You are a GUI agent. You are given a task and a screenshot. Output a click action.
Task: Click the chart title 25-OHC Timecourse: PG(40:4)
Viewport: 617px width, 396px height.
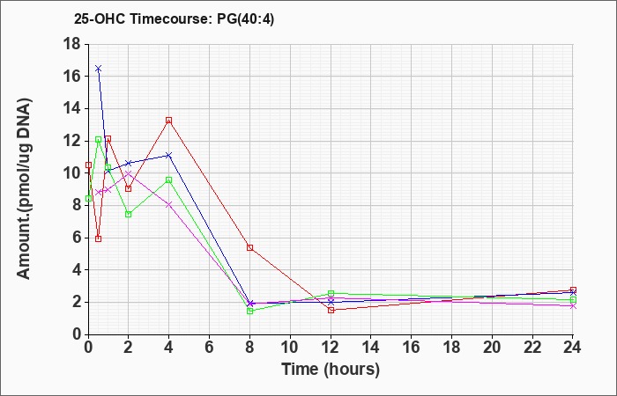pos(174,18)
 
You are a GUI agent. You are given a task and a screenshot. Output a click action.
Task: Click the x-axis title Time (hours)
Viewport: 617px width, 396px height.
pos(331,370)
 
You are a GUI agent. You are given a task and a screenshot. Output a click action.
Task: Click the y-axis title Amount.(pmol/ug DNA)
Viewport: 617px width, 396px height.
pos(25,188)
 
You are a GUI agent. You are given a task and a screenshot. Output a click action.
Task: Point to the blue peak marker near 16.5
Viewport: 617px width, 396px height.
pos(99,69)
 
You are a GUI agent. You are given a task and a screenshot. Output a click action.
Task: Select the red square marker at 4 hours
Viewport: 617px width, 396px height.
pos(169,121)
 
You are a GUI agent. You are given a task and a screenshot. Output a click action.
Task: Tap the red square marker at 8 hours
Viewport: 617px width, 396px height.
pos(249,247)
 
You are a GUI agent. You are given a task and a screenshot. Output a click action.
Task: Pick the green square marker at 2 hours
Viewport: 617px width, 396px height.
pos(129,214)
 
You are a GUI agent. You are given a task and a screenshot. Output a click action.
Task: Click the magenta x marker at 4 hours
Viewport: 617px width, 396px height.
pos(169,204)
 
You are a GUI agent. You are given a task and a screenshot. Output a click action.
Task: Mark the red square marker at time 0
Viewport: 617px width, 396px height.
pos(88,165)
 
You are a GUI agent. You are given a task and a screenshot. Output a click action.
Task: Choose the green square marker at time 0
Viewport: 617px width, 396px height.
pos(88,198)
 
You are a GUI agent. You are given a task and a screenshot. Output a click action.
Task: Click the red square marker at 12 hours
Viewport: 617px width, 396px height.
pos(331,310)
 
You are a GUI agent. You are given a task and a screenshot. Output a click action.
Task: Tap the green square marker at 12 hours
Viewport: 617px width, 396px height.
pos(331,293)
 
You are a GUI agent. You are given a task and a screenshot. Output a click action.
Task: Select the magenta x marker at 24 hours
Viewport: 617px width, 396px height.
pos(573,306)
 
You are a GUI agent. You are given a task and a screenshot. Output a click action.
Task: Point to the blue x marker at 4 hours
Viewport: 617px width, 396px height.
pos(169,155)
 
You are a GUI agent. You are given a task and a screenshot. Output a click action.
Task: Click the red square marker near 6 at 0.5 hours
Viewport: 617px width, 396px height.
pos(99,238)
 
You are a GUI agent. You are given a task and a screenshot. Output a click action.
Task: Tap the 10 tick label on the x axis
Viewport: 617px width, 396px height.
pos(290,348)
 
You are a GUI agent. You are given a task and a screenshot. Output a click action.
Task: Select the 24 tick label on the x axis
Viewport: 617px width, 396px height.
pos(573,348)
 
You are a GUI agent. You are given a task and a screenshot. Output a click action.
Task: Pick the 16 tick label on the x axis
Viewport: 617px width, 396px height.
pos(412,348)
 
